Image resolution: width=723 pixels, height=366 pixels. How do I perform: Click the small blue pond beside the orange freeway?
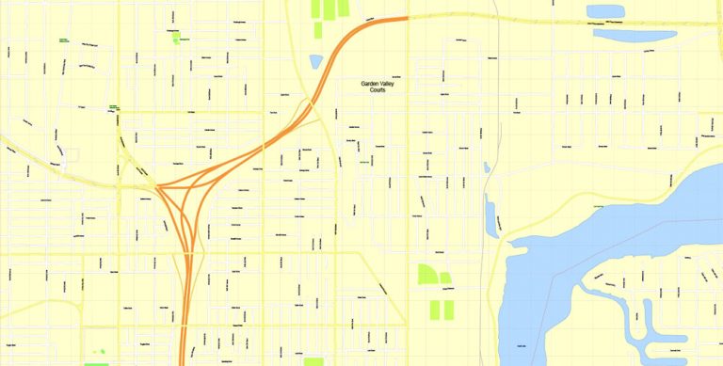point(316,62)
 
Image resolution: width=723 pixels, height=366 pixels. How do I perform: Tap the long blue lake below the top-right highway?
point(635,36)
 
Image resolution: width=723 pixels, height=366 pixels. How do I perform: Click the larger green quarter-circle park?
point(426,275)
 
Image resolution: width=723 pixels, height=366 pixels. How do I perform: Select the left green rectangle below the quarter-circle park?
point(435,310)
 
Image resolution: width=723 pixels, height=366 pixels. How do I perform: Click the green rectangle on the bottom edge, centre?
point(313,361)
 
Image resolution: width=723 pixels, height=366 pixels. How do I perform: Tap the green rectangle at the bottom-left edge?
point(96,363)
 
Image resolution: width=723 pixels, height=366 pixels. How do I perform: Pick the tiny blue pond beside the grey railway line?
point(486,167)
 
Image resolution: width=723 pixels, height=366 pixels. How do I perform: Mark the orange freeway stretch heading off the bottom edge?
point(184,339)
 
